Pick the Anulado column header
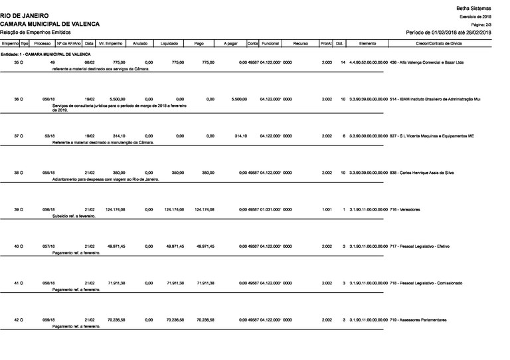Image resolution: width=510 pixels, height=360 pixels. (x=139, y=43)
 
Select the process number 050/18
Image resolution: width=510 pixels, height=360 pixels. (x=48, y=99)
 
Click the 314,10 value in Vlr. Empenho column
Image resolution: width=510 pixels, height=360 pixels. (x=117, y=136)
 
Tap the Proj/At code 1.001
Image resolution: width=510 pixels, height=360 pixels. (x=326, y=209)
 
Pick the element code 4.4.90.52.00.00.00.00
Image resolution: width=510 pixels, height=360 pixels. (x=367, y=62)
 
